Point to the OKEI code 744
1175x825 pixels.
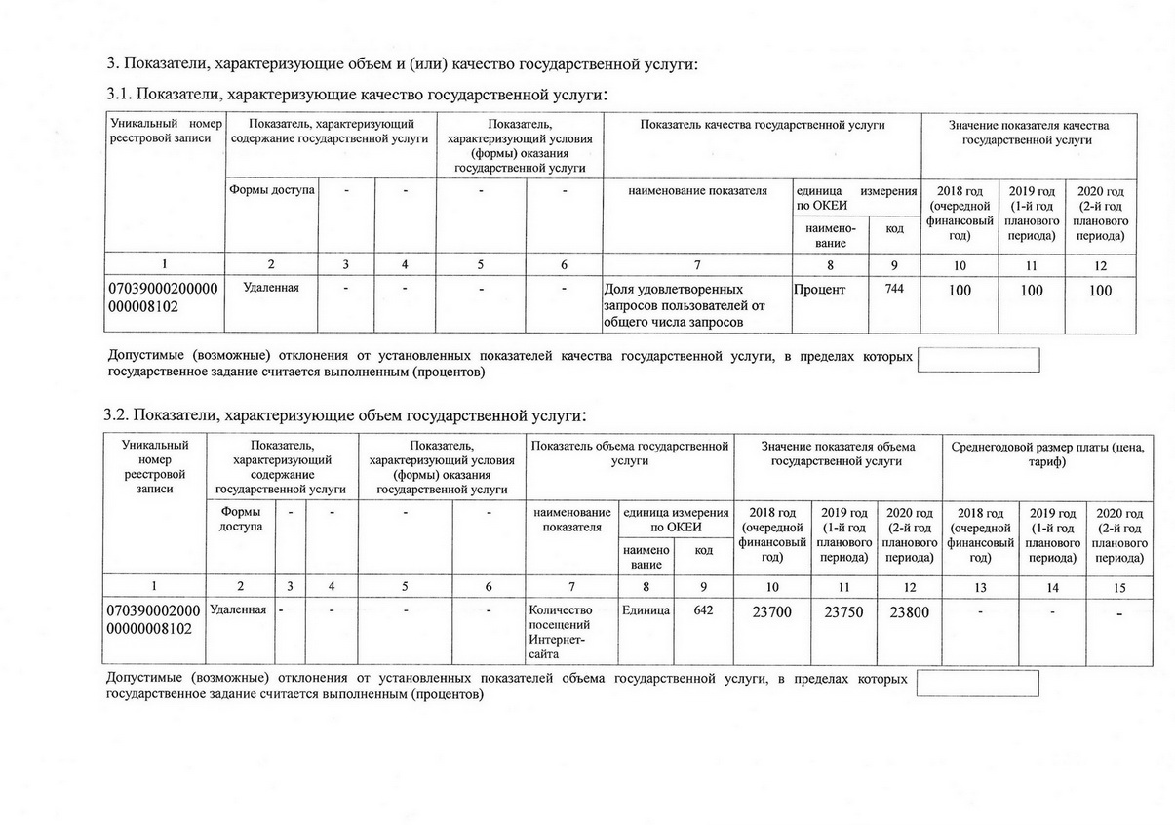pos(894,289)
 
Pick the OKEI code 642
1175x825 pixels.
pos(703,610)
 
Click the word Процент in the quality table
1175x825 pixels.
pos(820,290)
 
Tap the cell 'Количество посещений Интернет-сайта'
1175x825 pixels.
pos(561,633)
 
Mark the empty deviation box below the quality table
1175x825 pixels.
pos(978,360)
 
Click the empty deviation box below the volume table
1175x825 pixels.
pos(978,683)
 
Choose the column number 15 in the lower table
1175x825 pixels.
pos(1119,587)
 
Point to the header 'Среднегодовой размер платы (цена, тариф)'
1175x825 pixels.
pos(1047,453)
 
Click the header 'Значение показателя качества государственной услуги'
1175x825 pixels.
pos(1029,133)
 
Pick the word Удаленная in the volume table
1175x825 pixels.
pos(239,610)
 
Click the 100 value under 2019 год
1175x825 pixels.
pos(1031,291)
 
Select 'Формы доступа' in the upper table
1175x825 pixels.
pos(272,190)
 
